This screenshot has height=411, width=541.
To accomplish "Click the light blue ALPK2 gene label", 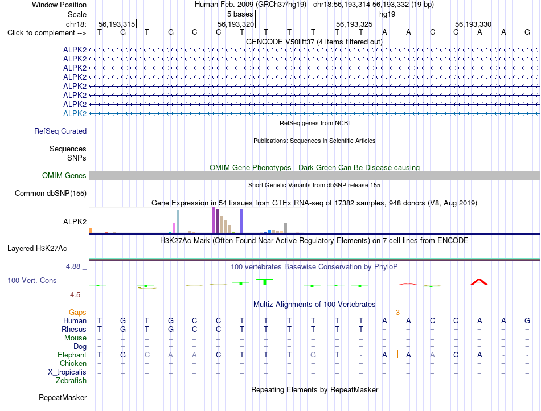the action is point(75,113).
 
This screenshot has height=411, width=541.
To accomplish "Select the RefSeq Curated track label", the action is point(60,131).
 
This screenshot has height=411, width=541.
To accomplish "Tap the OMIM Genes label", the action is point(64,175).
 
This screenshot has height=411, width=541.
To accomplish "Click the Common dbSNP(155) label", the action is point(51,193).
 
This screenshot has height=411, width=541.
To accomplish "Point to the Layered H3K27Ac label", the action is point(37,249).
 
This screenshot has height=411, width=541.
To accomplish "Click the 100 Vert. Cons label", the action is point(32,280).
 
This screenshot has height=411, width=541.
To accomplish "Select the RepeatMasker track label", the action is point(63,397).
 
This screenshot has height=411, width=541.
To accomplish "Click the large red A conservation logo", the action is point(479,282).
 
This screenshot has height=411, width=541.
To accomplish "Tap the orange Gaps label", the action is point(77,312).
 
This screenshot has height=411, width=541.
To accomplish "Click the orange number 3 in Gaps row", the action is point(398,312).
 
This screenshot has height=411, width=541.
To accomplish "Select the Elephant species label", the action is point(72,355).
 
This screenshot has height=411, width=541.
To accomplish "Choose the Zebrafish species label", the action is point(71,380).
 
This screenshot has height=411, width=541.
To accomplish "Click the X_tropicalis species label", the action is point(67,372).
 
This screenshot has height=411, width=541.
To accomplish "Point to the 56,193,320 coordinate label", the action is point(236,24).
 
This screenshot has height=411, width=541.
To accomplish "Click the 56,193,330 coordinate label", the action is point(473,24).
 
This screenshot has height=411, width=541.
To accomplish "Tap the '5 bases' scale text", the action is point(240,14).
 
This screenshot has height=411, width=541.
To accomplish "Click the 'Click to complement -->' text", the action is point(47,33).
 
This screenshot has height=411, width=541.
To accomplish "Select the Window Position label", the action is point(59,5).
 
